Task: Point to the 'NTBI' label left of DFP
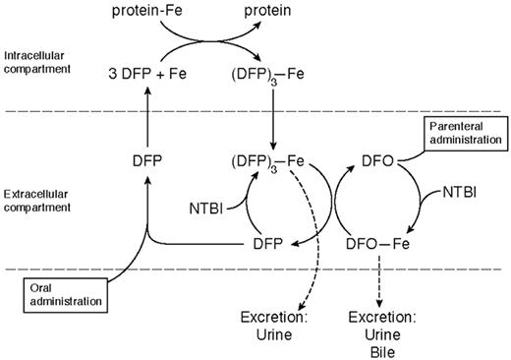[x=205, y=207]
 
